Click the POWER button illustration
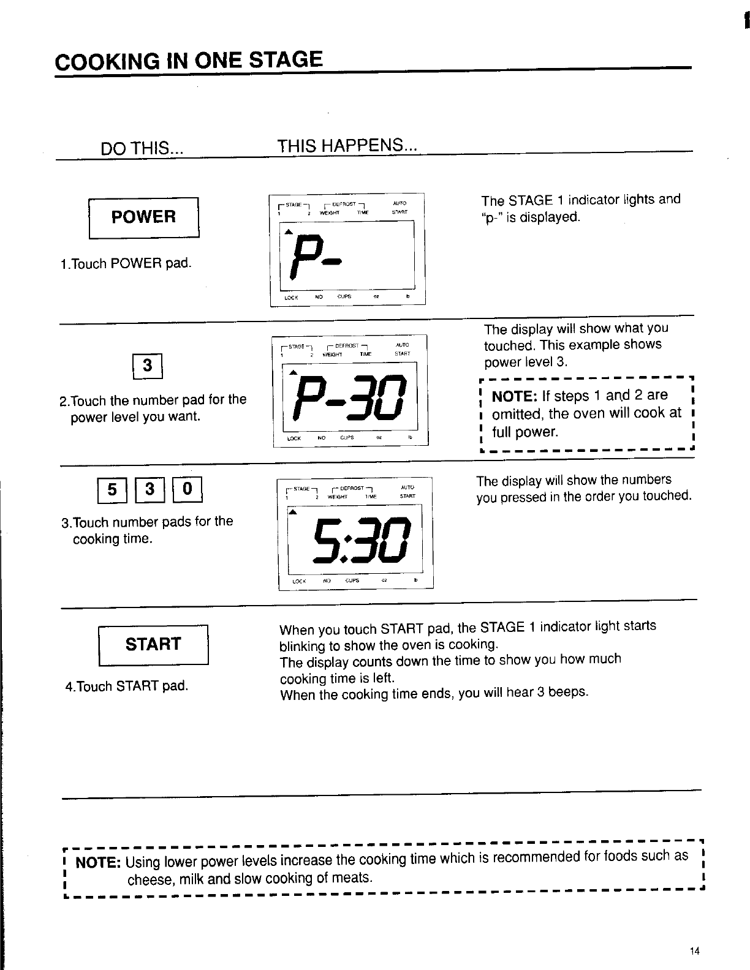[144, 217]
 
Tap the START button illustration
[154, 644]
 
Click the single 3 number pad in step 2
[147, 366]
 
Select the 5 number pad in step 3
[112, 489]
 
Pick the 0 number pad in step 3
[188, 489]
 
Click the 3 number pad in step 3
[150, 489]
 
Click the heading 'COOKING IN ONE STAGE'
[188, 61]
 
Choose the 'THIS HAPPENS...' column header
[347, 146]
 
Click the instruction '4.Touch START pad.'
[126, 686]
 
